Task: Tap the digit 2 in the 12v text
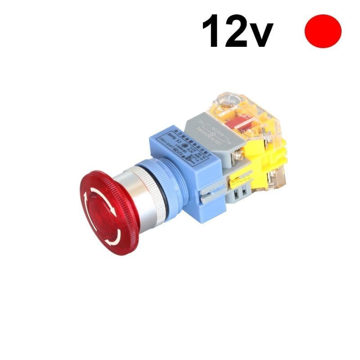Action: (238, 31)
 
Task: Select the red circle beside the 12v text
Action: (323, 31)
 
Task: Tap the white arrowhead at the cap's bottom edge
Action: (110, 241)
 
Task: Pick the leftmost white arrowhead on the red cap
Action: (85, 198)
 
